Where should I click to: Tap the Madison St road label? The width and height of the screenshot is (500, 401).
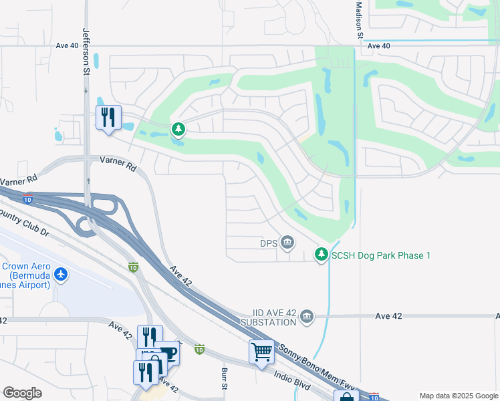[x=359, y=19]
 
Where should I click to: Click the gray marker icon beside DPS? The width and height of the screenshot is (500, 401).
[x=287, y=241]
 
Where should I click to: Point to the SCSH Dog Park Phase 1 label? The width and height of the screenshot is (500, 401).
[x=382, y=255]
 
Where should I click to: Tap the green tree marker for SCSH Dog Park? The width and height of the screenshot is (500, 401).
[x=322, y=254]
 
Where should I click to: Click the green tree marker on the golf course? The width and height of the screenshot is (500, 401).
[x=178, y=128]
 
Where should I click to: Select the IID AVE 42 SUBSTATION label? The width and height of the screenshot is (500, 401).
[x=265, y=317]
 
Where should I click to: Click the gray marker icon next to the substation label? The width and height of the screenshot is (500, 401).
[x=307, y=315]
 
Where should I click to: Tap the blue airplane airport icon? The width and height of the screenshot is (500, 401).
[x=61, y=274]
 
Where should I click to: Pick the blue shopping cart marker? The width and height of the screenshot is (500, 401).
[x=261, y=351]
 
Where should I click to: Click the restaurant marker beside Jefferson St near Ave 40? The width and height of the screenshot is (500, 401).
[x=108, y=118]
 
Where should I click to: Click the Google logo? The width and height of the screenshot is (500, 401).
[x=22, y=393]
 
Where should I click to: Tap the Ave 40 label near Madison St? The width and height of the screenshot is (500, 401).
[x=379, y=46]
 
